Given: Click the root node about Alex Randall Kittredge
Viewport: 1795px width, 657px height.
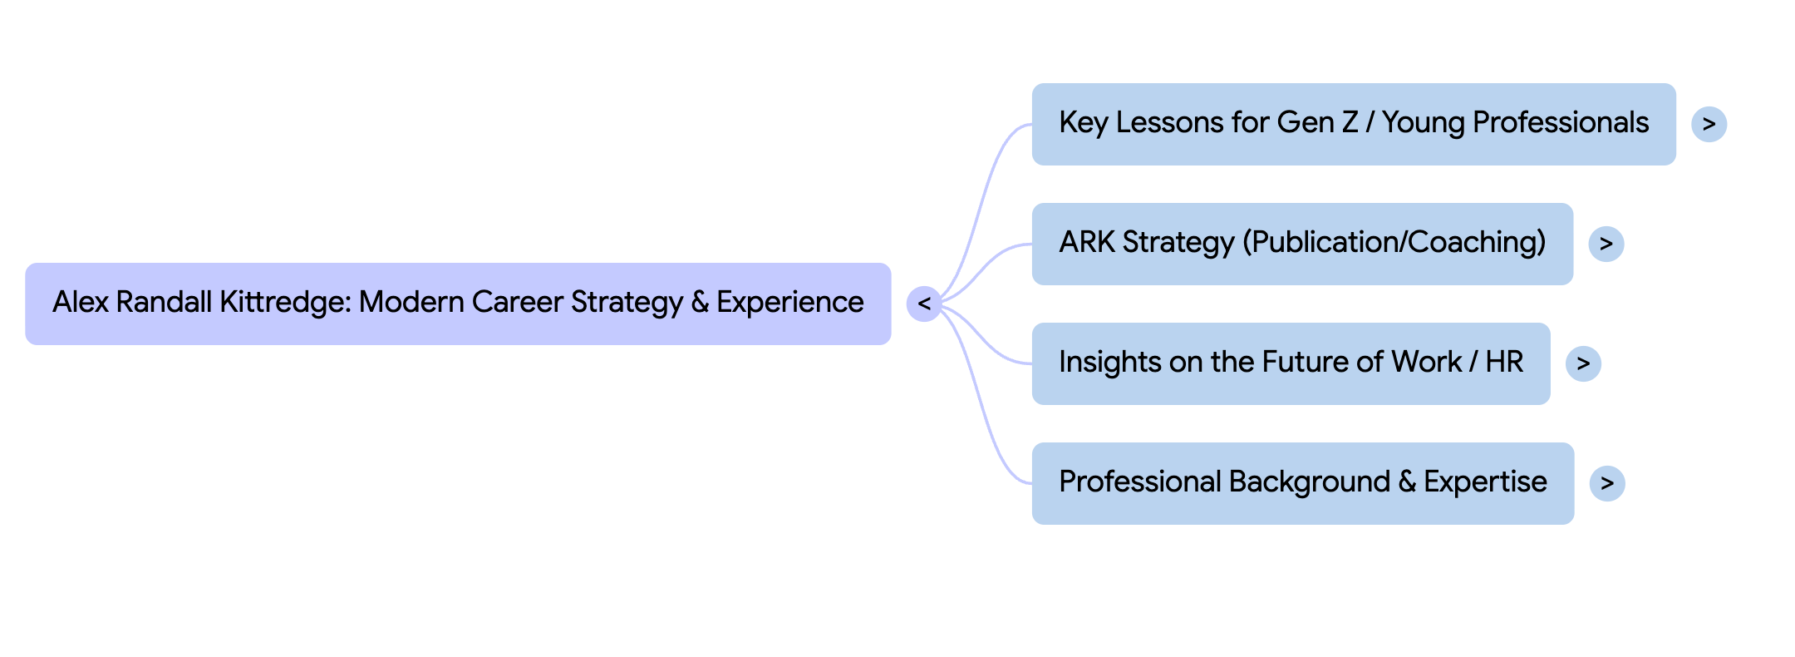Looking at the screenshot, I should [x=458, y=304].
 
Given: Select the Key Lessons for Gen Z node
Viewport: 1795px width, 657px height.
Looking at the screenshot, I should [x=1353, y=124].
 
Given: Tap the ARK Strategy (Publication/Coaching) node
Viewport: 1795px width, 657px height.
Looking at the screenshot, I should [x=1301, y=244].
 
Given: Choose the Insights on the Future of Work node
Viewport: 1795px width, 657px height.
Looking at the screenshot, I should [x=1290, y=363].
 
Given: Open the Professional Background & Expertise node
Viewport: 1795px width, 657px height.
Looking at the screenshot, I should [x=1302, y=483].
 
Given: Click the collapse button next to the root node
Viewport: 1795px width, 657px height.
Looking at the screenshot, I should [x=924, y=304].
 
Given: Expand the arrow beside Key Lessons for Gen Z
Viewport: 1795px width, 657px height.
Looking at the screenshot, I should [x=1709, y=124].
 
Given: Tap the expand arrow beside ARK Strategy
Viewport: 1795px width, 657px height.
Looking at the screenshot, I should [x=1606, y=244].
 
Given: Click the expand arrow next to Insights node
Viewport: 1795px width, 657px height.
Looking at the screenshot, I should [x=1582, y=363].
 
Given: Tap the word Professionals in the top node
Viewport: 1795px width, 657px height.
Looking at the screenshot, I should [x=1560, y=122].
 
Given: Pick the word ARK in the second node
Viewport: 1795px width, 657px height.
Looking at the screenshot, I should [x=1086, y=242].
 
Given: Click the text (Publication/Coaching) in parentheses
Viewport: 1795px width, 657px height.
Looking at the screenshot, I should [x=1394, y=242].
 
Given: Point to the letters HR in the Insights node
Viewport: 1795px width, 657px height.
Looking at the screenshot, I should [x=1504, y=362].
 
